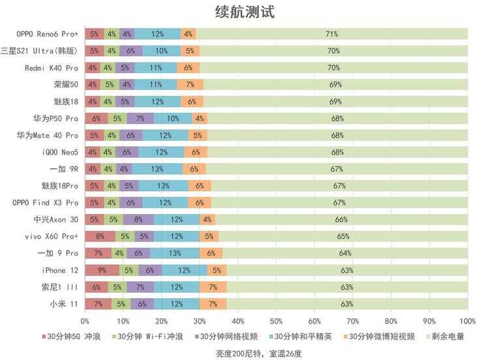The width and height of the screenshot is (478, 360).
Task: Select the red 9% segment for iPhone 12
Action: click(102, 270)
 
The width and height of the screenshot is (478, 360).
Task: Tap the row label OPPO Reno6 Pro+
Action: click(47, 33)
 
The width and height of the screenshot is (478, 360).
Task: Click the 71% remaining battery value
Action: click(332, 33)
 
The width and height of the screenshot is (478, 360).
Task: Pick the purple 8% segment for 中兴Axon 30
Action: click(138, 219)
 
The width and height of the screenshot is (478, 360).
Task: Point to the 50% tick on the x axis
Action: click(276, 322)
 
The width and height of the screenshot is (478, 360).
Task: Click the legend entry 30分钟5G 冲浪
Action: click(70, 337)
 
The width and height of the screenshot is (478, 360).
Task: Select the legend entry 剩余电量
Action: click(451, 337)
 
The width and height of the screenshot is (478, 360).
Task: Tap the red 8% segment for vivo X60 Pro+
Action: click(100, 236)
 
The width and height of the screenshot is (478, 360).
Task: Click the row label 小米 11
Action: click(64, 304)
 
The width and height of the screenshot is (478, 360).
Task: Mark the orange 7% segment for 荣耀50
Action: click(190, 84)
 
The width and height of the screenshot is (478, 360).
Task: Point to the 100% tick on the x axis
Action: click(468, 322)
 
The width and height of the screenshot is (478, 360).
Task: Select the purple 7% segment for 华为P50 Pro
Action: click(140, 118)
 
